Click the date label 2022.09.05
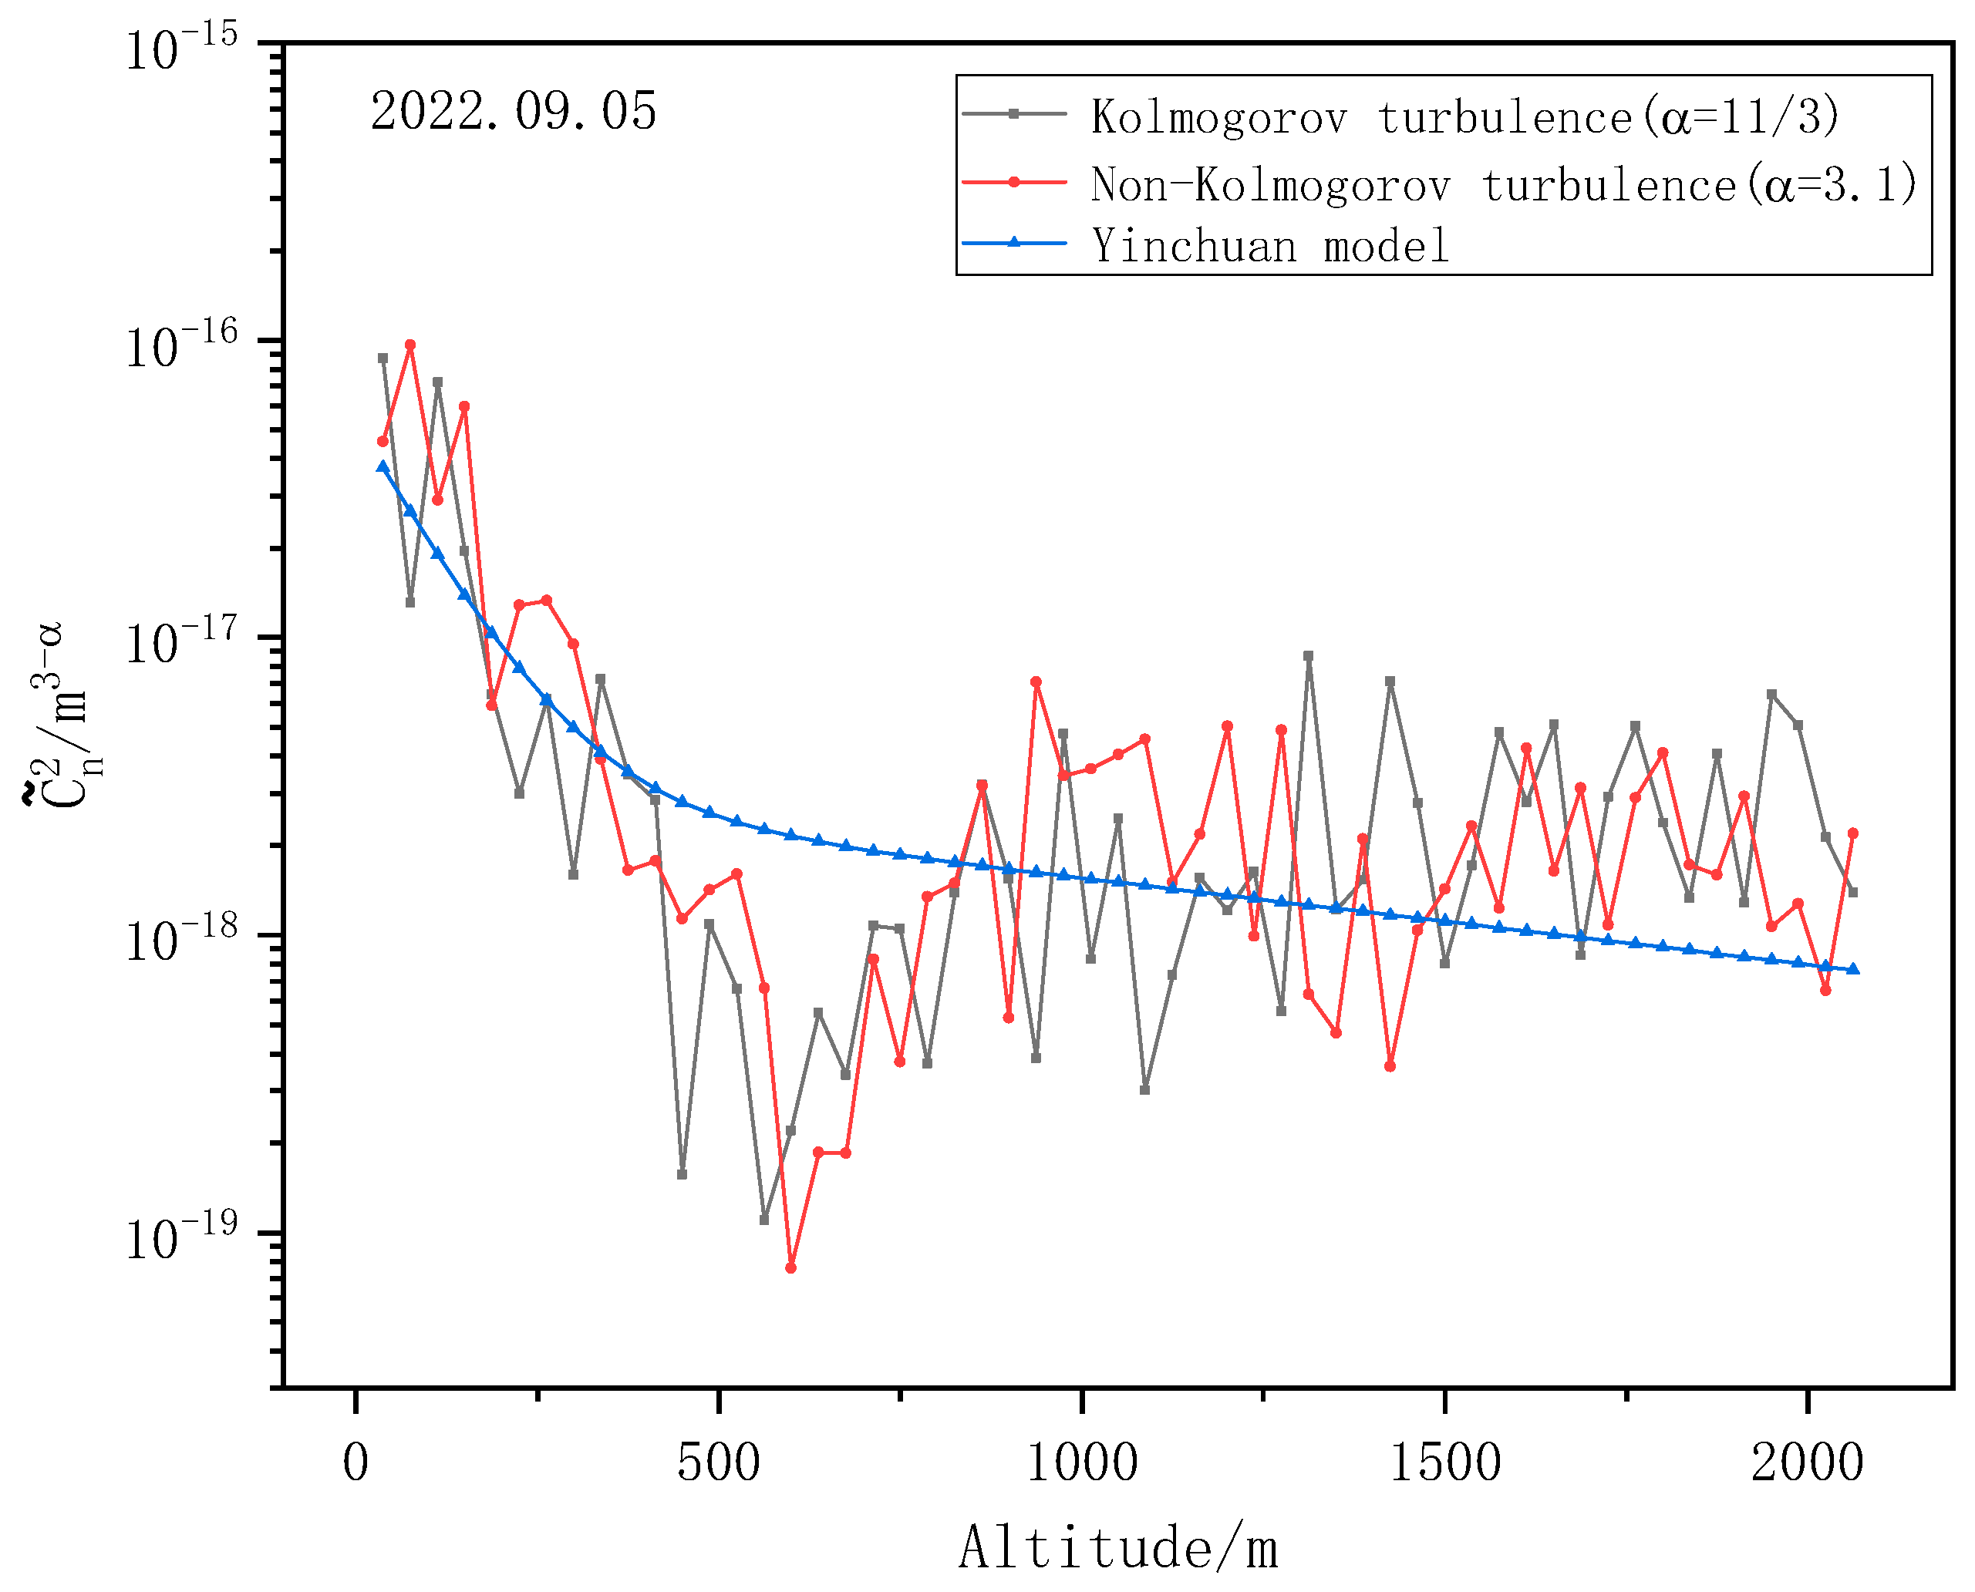click(x=513, y=112)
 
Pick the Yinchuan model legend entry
click(x=1269, y=246)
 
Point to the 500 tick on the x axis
click(x=718, y=1462)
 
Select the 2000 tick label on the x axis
click(x=1806, y=1462)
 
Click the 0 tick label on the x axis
click(x=356, y=1462)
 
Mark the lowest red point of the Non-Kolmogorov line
click(x=790, y=1268)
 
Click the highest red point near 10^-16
click(x=410, y=345)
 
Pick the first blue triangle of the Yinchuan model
click(x=383, y=466)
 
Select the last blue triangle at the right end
click(x=1852, y=969)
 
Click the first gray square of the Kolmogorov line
click(x=383, y=358)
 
